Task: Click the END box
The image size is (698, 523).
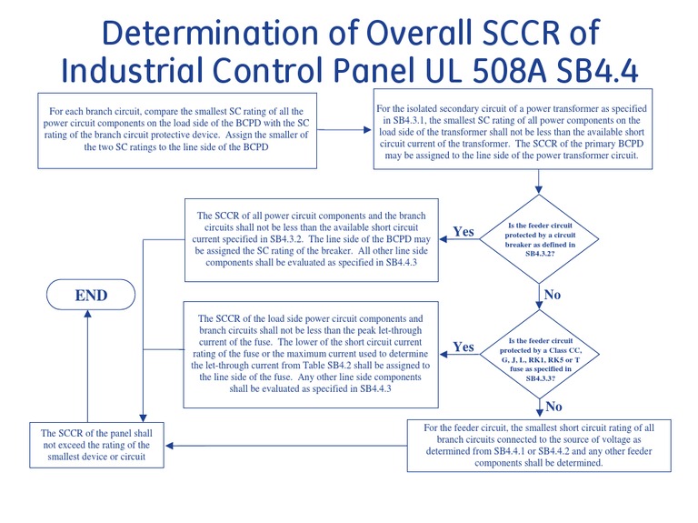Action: coord(91,295)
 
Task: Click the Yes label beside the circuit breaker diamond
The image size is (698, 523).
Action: coord(464,232)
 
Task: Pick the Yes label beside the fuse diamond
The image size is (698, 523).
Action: coord(464,347)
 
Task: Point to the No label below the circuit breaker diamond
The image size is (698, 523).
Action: coord(552,294)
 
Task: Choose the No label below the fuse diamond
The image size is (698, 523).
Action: coord(553,406)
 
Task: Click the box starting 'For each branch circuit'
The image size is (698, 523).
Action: coord(177,129)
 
